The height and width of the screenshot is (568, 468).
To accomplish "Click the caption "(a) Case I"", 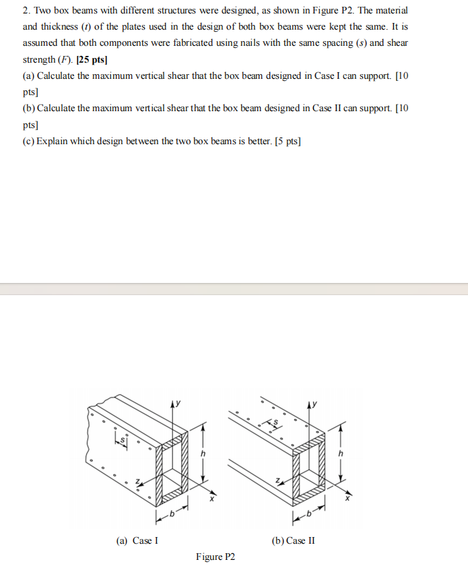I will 137,540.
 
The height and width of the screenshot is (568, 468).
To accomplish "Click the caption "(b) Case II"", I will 293,540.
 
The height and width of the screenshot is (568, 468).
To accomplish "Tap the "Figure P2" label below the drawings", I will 215,557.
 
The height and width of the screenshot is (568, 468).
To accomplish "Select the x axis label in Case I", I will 210,499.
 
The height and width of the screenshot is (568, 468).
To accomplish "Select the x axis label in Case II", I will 347,499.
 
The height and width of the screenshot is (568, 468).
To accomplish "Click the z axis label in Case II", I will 277,480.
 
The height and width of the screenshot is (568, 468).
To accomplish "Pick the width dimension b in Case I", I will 172,515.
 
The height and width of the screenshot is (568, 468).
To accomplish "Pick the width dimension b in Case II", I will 309,515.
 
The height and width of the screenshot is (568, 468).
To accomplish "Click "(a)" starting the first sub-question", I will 29,76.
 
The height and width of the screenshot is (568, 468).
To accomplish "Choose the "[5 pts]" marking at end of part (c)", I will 288,141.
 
